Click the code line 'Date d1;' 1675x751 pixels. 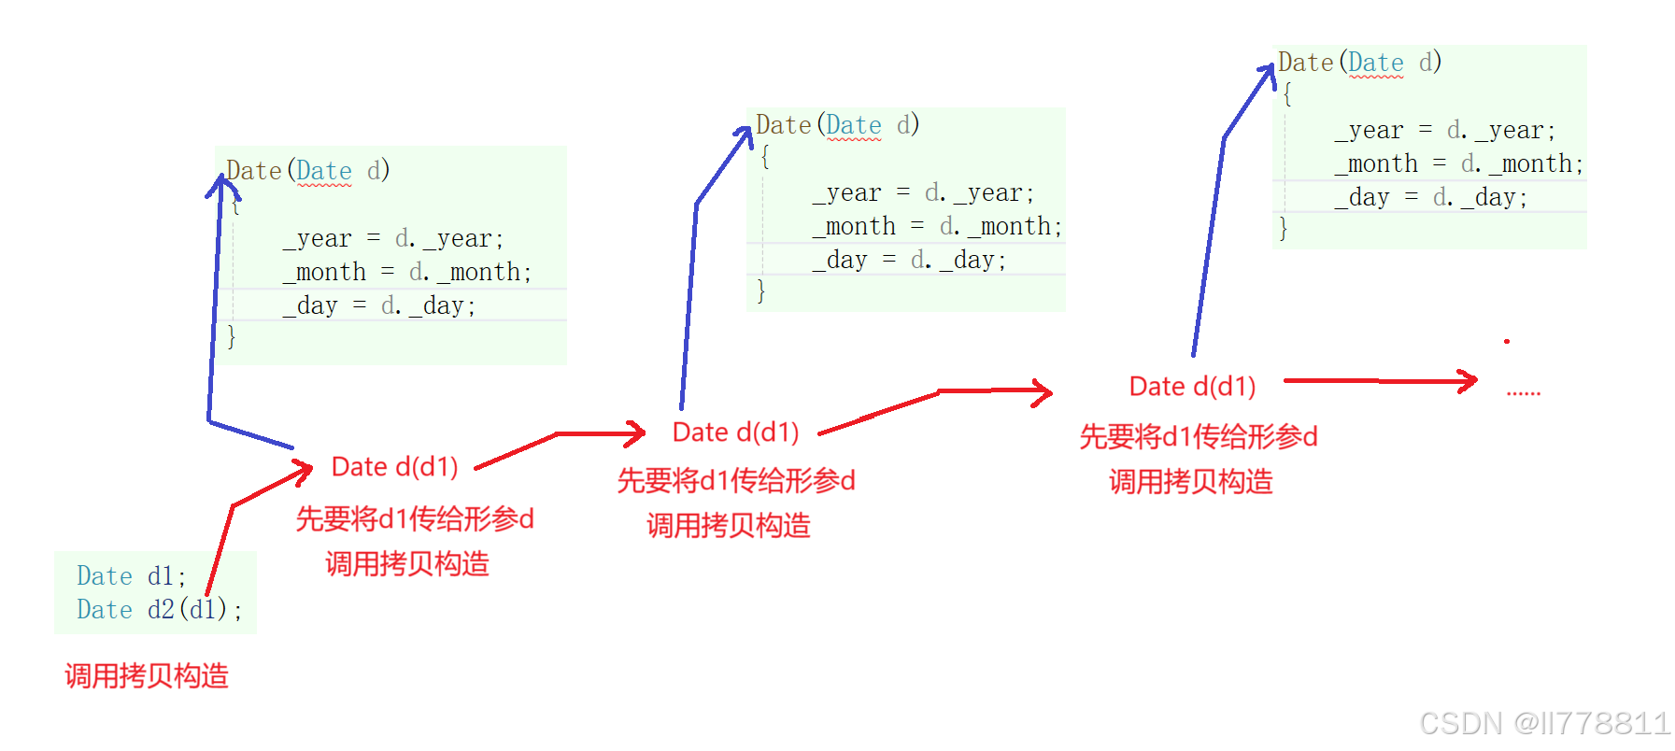click(x=131, y=576)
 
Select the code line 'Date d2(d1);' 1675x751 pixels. click(x=159, y=610)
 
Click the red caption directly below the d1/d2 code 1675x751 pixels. click(x=147, y=676)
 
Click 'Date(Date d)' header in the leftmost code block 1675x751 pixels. click(x=307, y=171)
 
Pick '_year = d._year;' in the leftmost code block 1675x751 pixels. click(x=393, y=239)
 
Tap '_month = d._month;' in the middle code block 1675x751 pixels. click(x=937, y=227)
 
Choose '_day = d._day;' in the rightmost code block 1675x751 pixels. click(x=1430, y=198)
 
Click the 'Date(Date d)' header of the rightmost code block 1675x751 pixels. click(x=1359, y=63)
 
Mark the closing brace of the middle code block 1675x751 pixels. click(x=761, y=291)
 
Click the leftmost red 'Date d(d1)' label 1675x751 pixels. click(x=394, y=467)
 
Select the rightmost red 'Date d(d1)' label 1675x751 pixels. click(x=1192, y=387)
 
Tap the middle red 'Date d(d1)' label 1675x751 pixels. click(x=735, y=432)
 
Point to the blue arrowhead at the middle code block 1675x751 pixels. click(x=745, y=136)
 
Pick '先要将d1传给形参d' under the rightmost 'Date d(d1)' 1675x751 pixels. click(x=1199, y=437)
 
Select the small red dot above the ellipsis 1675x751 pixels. click(x=1507, y=342)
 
